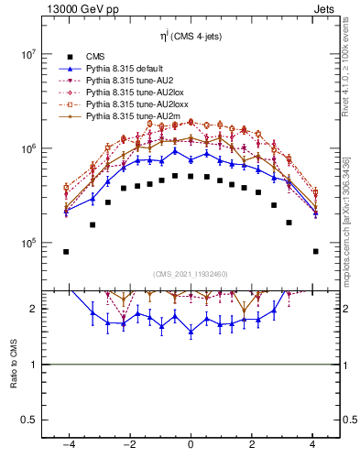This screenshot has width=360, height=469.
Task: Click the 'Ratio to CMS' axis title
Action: click(x=13, y=364)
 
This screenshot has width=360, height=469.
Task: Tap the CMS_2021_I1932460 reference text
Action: click(x=190, y=274)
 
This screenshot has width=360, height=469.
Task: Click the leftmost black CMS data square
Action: click(x=66, y=251)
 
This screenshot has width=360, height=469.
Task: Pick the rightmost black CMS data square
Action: click(x=315, y=251)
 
